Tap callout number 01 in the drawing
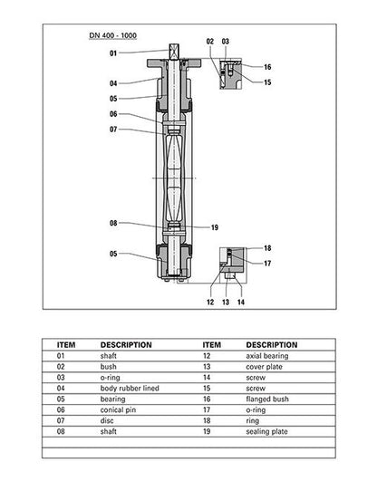[x=113, y=53]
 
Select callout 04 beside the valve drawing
[x=113, y=84]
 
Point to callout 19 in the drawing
[x=215, y=226]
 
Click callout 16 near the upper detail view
[x=267, y=67]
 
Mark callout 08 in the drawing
[x=113, y=223]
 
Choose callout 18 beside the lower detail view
[x=267, y=247]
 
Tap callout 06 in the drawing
[x=113, y=114]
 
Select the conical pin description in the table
[x=119, y=410]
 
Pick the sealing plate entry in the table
[x=267, y=432]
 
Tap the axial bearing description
[x=266, y=356]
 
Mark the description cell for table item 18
[x=254, y=421]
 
